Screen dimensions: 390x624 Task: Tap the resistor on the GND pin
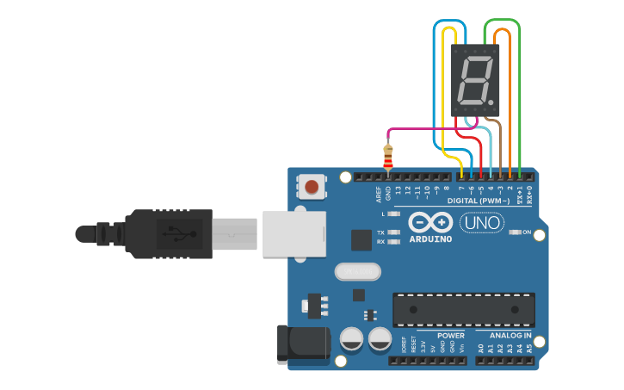coord(388,158)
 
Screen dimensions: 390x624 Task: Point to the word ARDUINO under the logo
coord(430,238)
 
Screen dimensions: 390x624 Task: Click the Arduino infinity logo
coord(430,222)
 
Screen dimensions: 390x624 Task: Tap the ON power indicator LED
coord(516,232)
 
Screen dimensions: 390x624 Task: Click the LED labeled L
coord(394,213)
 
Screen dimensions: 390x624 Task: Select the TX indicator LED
coord(394,232)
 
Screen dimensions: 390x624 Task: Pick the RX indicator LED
coord(394,242)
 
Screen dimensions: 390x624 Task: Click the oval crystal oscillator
coord(357,272)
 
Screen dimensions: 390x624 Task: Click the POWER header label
coord(450,335)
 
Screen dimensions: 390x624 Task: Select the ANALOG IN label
coord(510,335)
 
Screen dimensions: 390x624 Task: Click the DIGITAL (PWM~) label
coord(479,201)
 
